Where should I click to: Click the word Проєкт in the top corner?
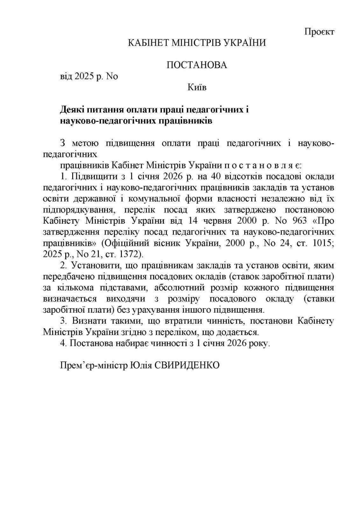tap(319, 32)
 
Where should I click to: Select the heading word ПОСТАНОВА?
tap(197, 65)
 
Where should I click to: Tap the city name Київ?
tap(197, 87)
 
